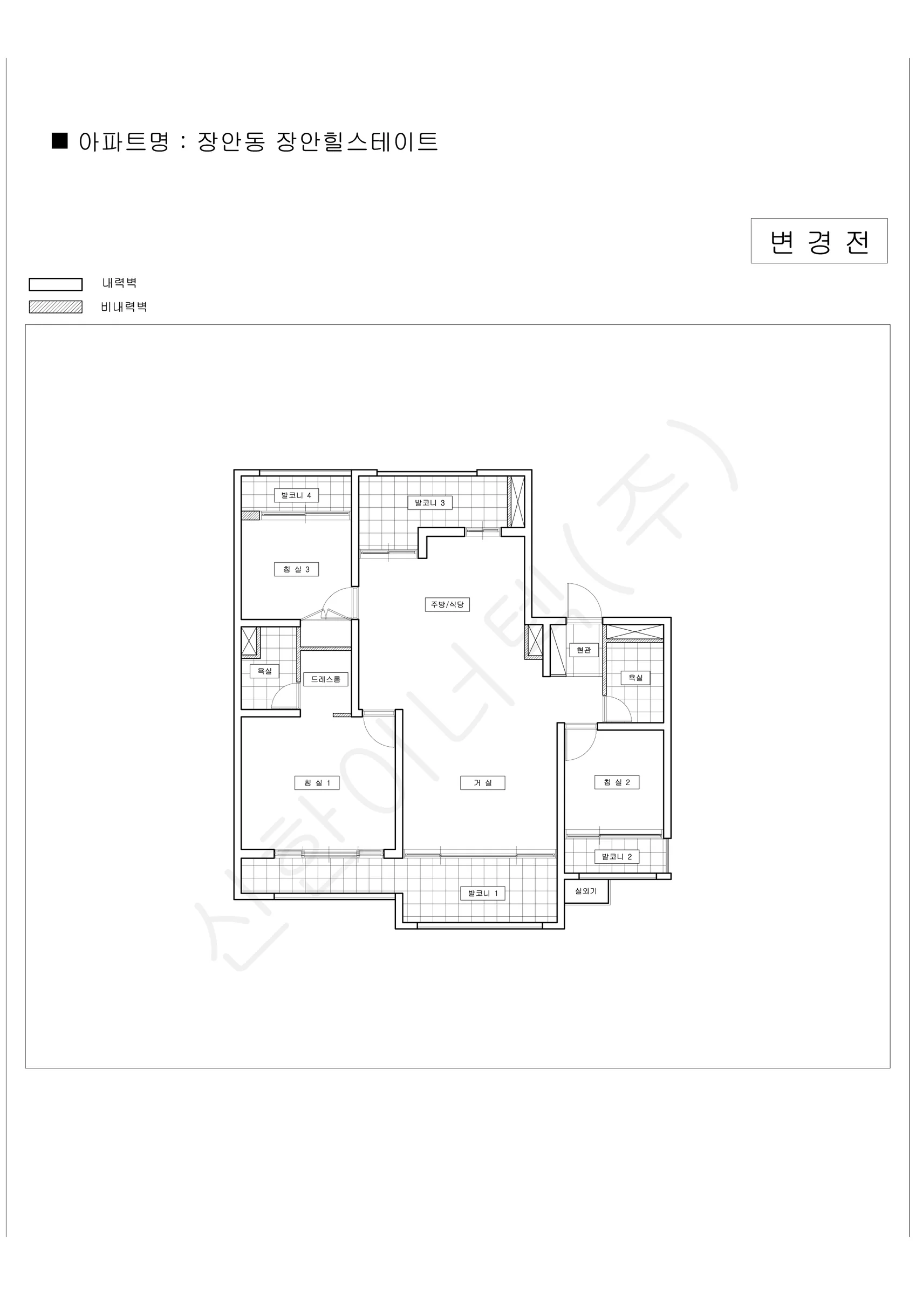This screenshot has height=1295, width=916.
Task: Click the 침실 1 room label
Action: (317, 782)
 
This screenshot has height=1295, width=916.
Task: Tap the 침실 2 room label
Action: (617, 782)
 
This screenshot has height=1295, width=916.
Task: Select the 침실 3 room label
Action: (296, 569)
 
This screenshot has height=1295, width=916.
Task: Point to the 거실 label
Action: (482, 782)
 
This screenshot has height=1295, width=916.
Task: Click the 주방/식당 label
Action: (447, 605)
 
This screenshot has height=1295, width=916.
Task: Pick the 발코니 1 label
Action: (483, 894)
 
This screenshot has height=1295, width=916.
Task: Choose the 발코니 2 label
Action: (617, 857)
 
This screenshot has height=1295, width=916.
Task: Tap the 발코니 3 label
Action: (430, 502)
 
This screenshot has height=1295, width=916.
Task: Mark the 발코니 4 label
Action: (296, 495)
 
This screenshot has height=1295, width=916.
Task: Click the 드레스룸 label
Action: (325, 679)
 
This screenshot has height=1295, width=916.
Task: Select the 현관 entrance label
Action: (584, 650)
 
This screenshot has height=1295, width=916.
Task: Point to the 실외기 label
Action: (585, 891)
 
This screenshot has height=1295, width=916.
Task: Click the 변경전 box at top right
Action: (819, 241)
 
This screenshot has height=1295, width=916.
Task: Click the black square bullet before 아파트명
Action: (60, 141)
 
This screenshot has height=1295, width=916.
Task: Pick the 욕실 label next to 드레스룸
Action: (264, 671)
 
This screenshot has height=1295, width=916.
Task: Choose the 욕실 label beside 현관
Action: (635, 677)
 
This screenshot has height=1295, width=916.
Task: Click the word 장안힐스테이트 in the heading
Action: (357, 141)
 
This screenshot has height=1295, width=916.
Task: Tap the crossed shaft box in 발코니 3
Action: (516, 502)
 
